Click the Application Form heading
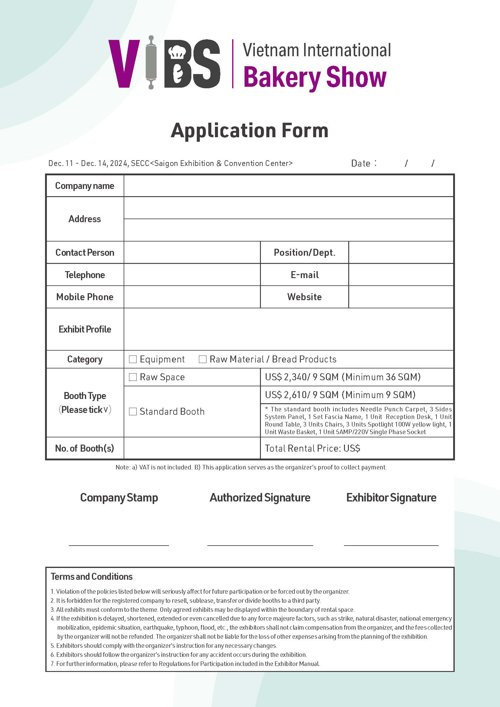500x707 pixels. coord(250,131)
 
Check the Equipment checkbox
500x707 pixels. coord(133,359)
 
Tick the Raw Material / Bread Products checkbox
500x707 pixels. coord(203,359)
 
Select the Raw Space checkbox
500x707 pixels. coord(133,377)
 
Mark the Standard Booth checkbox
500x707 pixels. coord(133,411)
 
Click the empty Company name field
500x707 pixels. coord(288,186)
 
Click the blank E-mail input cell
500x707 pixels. coord(401,275)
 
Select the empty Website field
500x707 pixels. coord(401,297)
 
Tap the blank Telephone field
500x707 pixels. coord(192,275)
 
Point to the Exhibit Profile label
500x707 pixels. coord(85,329)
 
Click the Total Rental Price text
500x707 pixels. coord(312,448)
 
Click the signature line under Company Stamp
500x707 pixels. coord(119,545)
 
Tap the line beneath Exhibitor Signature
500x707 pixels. coord(391,545)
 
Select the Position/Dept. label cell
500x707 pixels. coord(304,252)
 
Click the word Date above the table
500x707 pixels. coord(361,163)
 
